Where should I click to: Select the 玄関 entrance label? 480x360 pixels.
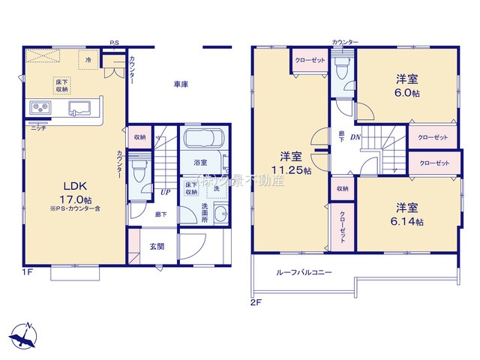click(156, 246)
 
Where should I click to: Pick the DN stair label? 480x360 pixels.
click(355, 136)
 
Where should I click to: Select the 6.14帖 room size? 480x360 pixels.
click(408, 222)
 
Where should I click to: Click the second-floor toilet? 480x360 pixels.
click(342, 70)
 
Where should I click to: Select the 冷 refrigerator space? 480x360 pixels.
click(88, 58)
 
